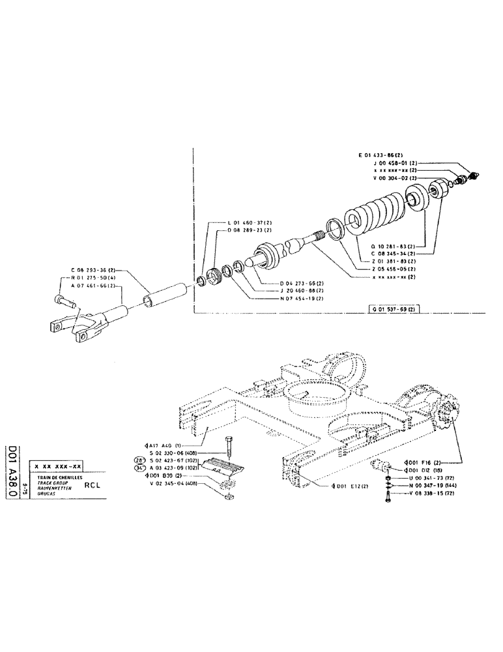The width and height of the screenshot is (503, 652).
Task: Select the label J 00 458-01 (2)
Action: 398,163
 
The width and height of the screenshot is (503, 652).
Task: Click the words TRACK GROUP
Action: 50,482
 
